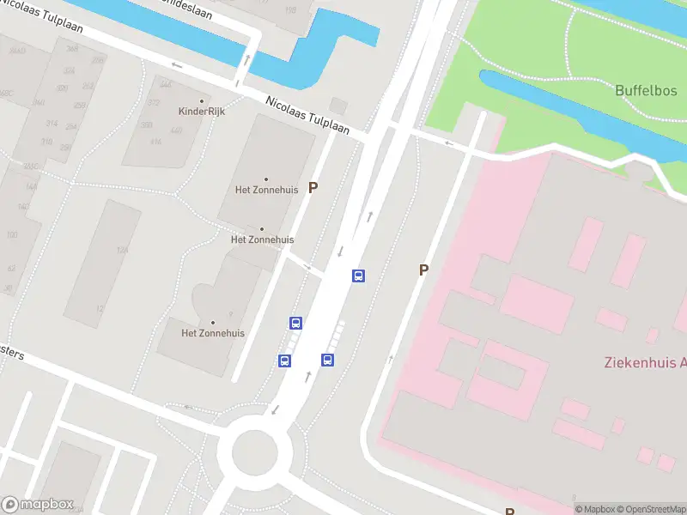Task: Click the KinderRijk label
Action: (x=201, y=112)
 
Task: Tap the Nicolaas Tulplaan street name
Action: (x=307, y=114)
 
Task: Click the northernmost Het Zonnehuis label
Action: (x=264, y=189)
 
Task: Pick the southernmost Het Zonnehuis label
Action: (x=213, y=333)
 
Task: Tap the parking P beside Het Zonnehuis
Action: (x=313, y=187)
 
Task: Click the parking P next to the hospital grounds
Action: (x=423, y=270)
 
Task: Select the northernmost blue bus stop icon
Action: (x=358, y=276)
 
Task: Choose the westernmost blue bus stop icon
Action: (x=284, y=360)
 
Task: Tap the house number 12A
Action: (x=123, y=251)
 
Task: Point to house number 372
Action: (x=154, y=103)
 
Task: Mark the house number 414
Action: (x=155, y=142)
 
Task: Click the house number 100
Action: (x=11, y=234)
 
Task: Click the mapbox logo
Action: (x=37, y=505)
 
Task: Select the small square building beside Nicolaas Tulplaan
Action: (x=338, y=106)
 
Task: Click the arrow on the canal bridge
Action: (x=247, y=60)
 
